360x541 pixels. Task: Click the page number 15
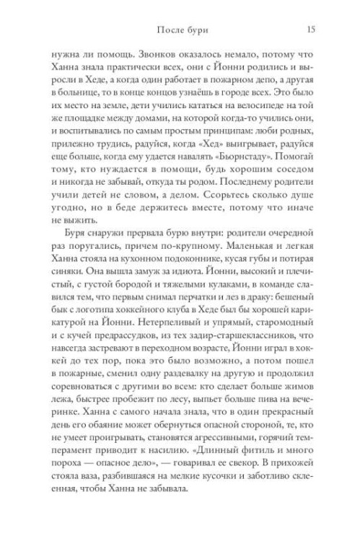click(x=309, y=30)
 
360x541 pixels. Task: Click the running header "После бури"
click(x=180, y=30)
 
